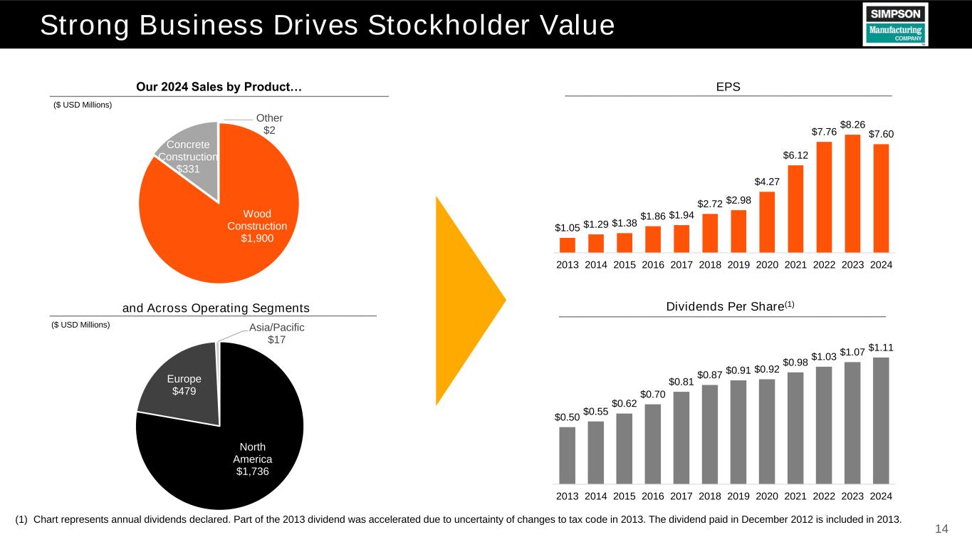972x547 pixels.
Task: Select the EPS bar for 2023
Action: (x=852, y=193)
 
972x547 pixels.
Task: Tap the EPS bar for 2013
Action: (x=568, y=245)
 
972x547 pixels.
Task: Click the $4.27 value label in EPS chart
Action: (x=766, y=182)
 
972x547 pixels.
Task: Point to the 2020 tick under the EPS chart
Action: (x=767, y=265)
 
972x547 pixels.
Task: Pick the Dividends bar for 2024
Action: (x=881, y=420)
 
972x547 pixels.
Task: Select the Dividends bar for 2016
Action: (x=653, y=443)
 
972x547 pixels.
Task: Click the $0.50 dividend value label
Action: (x=568, y=417)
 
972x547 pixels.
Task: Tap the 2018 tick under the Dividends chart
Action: (x=710, y=496)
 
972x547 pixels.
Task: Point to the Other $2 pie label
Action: (x=270, y=124)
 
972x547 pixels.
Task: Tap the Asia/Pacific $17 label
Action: (x=276, y=333)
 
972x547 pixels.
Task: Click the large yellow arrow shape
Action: (x=466, y=299)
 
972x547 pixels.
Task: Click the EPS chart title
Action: (x=728, y=87)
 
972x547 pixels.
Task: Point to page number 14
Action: (x=941, y=529)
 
